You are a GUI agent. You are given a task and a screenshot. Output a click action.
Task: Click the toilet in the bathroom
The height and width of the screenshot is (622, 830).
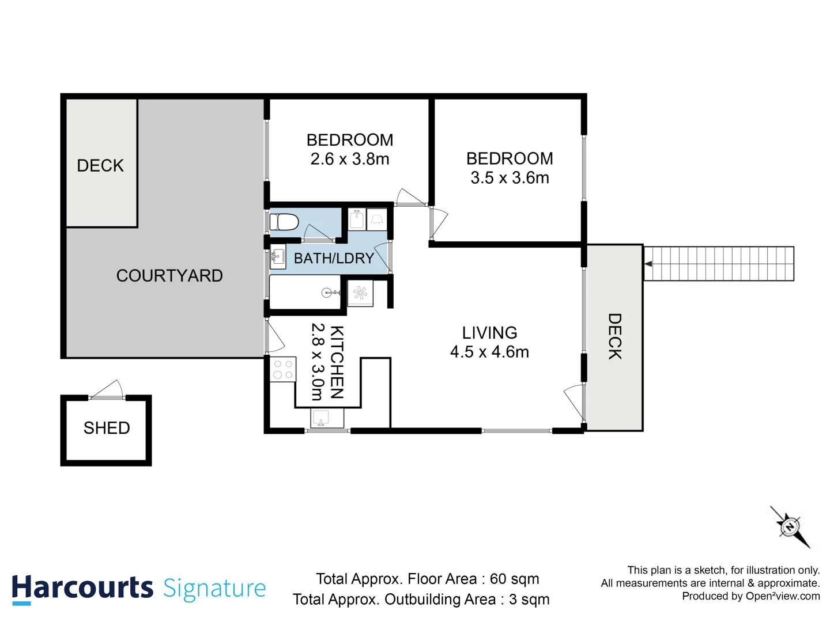[284, 222]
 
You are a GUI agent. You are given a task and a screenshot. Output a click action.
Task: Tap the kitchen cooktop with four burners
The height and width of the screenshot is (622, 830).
[283, 369]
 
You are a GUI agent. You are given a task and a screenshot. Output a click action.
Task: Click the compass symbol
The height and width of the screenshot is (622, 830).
[790, 526]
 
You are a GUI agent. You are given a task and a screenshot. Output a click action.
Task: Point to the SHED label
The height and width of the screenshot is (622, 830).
[107, 428]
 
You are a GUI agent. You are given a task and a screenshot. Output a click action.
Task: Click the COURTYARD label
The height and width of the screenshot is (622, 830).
[169, 276]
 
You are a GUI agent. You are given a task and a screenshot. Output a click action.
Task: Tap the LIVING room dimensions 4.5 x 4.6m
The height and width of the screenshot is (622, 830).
[489, 352]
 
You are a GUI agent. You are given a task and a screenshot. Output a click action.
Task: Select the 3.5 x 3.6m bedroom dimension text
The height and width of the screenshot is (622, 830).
[510, 178]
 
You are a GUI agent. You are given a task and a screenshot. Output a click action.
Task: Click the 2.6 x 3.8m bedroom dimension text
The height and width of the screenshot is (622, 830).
[350, 159]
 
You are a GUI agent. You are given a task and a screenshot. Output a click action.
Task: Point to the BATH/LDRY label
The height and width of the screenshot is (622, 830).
[334, 259]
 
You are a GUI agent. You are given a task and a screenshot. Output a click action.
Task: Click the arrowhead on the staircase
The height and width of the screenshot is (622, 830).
[648, 264]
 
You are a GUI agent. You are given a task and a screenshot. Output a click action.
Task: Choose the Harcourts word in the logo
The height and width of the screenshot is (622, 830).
[82, 589]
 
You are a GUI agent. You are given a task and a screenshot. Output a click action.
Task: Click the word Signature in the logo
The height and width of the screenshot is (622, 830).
[214, 589]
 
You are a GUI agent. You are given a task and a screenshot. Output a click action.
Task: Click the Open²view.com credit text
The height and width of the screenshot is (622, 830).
[782, 596]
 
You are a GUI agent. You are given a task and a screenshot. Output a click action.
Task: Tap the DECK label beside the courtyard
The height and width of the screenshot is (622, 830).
[100, 166]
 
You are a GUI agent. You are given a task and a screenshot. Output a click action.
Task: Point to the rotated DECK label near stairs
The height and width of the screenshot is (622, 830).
[615, 336]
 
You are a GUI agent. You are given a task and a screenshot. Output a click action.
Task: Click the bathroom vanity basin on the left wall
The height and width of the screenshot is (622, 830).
[278, 257]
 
